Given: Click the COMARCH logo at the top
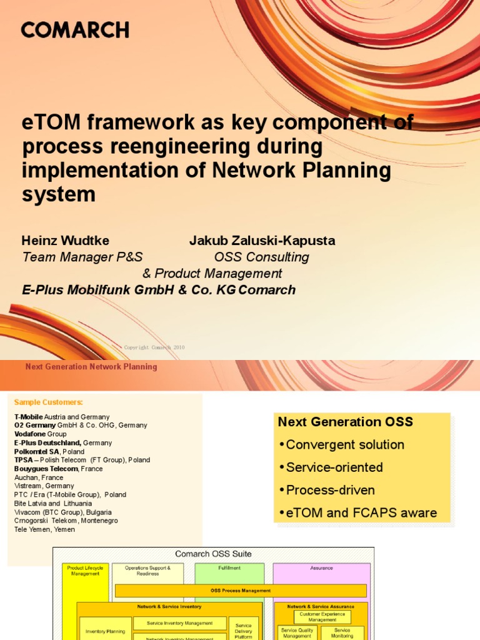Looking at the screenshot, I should click(x=75, y=29).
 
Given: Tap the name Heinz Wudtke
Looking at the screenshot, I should click(x=66, y=241).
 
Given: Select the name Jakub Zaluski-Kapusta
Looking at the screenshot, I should click(x=262, y=241).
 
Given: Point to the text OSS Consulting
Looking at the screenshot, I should click(x=261, y=257).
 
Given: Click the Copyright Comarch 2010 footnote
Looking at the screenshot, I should click(x=154, y=347).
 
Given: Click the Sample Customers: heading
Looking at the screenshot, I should click(x=49, y=402).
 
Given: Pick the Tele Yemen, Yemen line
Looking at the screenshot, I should click(x=44, y=529).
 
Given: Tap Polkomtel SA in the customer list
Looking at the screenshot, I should click(x=37, y=451).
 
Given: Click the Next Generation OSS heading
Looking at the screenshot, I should click(x=346, y=422).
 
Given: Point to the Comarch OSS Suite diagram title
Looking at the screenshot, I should click(x=213, y=554).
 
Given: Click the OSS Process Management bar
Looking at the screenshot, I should click(x=241, y=591).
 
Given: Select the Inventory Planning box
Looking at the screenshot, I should click(x=105, y=632).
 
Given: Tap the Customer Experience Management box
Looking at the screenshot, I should click(x=322, y=617).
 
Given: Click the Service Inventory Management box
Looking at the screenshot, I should click(x=179, y=623).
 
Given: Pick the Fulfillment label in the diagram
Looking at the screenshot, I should click(x=229, y=568).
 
